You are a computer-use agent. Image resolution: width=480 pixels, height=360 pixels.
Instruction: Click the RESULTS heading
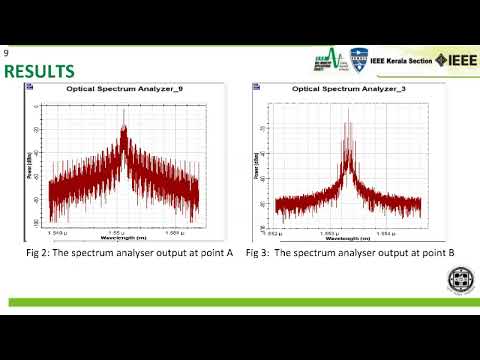pyautogui.click(x=39, y=71)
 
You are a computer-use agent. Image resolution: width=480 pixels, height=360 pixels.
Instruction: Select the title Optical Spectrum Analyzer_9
pyautogui.click(x=124, y=89)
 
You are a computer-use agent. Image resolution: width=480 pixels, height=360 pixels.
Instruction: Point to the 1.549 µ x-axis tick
pyautogui.click(x=58, y=233)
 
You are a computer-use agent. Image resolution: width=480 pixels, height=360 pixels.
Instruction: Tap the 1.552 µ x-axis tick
pyautogui.click(x=283, y=233)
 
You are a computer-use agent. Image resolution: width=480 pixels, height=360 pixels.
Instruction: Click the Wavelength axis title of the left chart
pyautogui.click(x=123, y=239)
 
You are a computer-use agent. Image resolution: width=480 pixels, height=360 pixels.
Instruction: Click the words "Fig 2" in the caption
pyautogui.click(x=39, y=253)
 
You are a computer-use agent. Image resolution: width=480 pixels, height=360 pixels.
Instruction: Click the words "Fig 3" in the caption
pyautogui.click(x=258, y=253)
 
